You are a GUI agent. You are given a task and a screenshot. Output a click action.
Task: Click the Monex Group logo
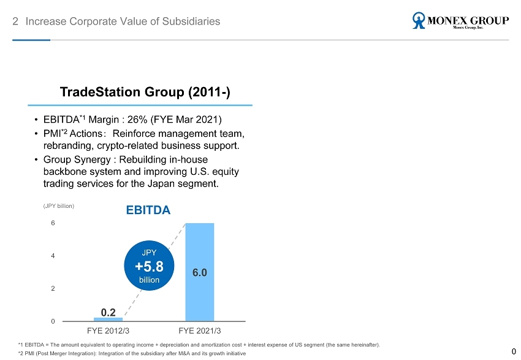tap(460, 21)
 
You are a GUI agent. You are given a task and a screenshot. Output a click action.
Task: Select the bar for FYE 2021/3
tap(200, 272)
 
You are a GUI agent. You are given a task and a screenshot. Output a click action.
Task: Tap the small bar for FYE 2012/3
tap(108, 320)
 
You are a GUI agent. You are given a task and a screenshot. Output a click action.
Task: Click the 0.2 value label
tap(108, 312)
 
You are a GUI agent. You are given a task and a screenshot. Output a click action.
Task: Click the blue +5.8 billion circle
tap(149, 266)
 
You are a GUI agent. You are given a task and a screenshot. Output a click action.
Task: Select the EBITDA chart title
tap(148, 210)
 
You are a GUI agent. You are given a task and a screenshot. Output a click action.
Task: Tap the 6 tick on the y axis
tap(53, 223)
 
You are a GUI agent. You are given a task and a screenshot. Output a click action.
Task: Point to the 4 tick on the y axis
tap(53, 256)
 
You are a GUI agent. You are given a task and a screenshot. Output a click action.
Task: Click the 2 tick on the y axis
tap(53, 288)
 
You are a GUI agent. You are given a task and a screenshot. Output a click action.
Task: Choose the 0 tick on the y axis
tap(53, 321)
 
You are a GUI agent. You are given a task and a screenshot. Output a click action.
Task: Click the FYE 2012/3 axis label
tap(108, 332)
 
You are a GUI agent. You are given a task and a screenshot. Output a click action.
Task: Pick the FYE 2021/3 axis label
tap(200, 332)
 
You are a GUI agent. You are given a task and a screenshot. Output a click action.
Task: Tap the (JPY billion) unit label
tap(59, 206)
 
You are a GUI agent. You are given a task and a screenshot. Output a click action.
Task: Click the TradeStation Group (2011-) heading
tap(145, 92)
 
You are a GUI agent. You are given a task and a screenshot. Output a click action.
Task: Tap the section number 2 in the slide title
tap(15, 21)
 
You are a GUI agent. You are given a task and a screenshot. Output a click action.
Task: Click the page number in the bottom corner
tap(514, 351)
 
